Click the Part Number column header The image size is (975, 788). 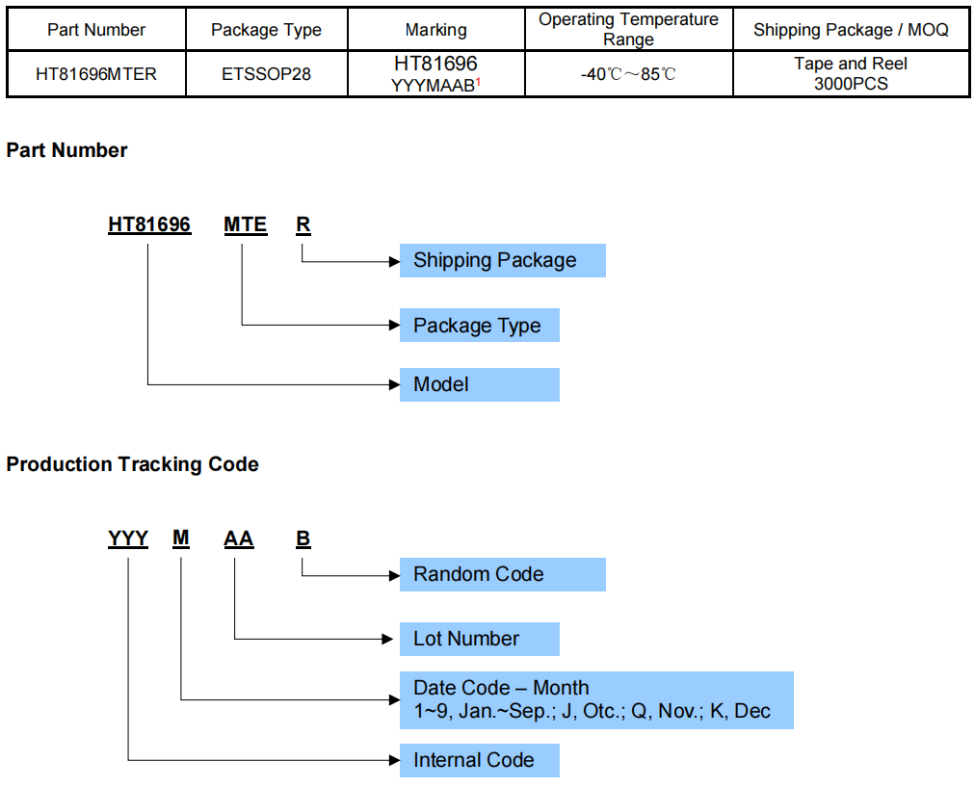pyautogui.click(x=96, y=30)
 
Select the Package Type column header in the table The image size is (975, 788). pyautogui.click(x=266, y=30)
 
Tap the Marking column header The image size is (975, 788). pyautogui.click(x=435, y=30)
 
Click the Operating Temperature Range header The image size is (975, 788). pyautogui.click(x=628, y=30)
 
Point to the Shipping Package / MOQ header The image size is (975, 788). pyautogui.click(x=851, y=30)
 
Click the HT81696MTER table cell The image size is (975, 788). pyautogui.click(x=96, y=74)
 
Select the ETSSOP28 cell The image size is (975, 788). pyautogui.click(x=266, y=74)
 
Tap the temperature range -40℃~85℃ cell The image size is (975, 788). pyautogui.click(x=628, y=74)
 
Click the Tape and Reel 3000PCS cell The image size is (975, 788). pyautogui.click(x=851, y=74)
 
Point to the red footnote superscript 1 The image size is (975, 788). pyautogui.click(x=478, y=81)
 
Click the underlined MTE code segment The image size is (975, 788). pyautogui.click(x=245, y=224)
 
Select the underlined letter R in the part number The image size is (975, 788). pyautogui.click(x=303, y=224)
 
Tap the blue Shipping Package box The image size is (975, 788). pyautogui.click(x=502, y=260)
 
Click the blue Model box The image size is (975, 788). pyautogui.click(x=479, y=384)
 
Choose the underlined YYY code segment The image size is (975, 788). pyautogui.click(x=128, y=538)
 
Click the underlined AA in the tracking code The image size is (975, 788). pyautogui.click(x=238, y=538)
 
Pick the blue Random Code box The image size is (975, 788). pyautogui.click(x=502, y=574)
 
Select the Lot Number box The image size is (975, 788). pyautogui.click(x=479, y=639)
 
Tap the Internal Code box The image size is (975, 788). pyautogui.click(x=479, y=760)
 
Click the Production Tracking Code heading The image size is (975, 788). pyautogui.click(x=132, y=464)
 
